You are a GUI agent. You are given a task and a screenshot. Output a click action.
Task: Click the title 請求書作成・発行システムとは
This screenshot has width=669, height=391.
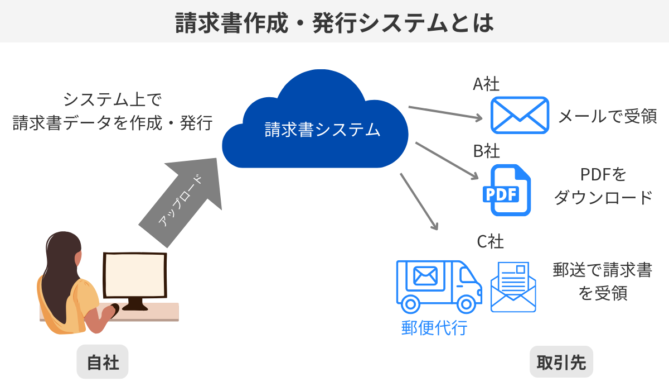point(334,22)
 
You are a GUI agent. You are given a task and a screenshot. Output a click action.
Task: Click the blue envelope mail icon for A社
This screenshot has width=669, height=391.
point(520,115)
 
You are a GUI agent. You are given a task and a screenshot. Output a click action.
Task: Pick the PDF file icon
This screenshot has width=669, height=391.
point(506,190)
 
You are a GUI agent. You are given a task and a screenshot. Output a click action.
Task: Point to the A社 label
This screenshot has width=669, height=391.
point(486,84)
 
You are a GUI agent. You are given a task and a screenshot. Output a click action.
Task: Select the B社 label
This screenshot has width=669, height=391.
point(486,151)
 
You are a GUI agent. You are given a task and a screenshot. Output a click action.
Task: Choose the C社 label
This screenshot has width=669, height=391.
point(490,242)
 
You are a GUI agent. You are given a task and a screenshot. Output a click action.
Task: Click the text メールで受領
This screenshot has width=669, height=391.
point(608,116)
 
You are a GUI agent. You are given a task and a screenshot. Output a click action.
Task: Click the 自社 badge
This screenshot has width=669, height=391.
point(103,363)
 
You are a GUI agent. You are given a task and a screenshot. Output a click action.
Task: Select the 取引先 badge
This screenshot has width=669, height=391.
point(561,363)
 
